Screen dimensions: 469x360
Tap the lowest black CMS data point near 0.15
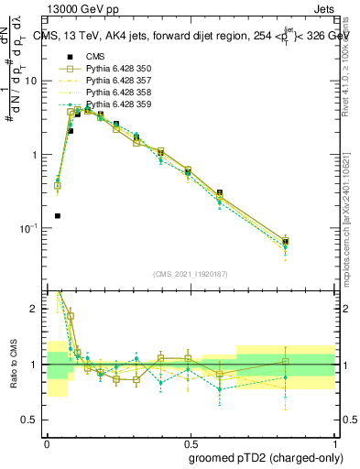[x=58, y=216]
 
